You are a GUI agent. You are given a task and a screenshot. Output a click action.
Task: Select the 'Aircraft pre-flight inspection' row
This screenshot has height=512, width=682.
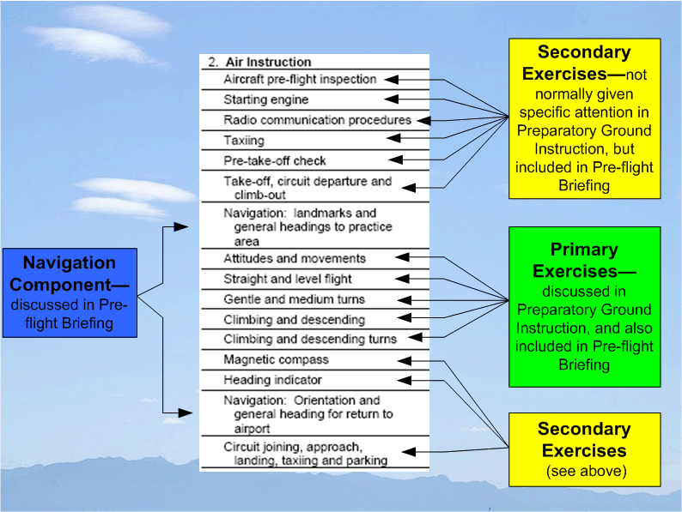pos(300,80)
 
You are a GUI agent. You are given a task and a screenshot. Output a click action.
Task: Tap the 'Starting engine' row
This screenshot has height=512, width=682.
pos(265,100)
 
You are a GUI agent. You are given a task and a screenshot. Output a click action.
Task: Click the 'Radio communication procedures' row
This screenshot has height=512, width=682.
pos(317,120)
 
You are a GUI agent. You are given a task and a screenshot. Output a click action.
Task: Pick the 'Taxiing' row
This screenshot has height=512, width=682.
pos(244,140)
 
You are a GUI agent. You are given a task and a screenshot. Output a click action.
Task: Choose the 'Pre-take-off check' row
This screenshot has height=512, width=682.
pos(275,160)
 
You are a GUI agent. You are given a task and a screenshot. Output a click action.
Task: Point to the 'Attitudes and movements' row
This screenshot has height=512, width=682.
pos(295,258)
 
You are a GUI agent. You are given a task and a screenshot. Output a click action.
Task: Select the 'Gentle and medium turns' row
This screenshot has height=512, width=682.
pos(294,299)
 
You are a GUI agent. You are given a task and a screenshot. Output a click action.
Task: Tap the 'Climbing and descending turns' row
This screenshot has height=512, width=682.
pos(310,339)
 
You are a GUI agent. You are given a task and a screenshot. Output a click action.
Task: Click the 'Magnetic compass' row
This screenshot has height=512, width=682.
pos(276,359)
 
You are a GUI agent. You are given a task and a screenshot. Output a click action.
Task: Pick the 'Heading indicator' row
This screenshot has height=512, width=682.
pos(272,380)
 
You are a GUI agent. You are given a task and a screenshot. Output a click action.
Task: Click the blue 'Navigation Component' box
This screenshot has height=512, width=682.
pos(69,292)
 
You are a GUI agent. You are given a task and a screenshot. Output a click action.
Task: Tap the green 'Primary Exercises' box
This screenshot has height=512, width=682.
pos(584,306)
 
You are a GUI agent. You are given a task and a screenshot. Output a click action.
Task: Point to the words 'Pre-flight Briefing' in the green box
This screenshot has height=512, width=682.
pos(584,355)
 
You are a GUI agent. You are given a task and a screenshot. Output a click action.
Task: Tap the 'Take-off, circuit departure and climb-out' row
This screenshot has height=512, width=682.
pos(308,188)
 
